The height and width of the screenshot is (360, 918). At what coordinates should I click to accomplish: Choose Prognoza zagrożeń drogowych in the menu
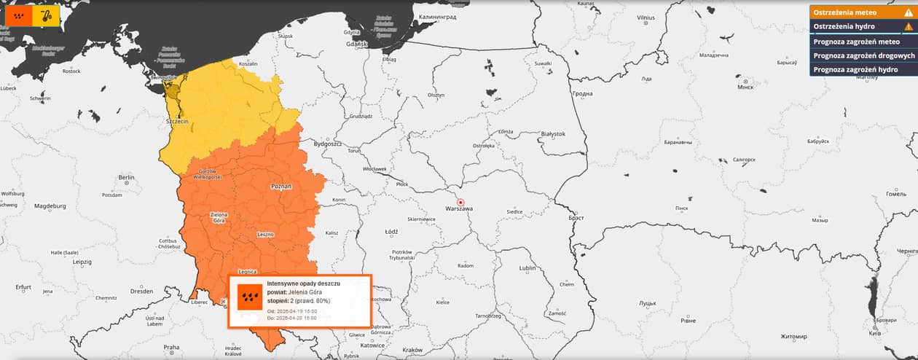tap(863, 55)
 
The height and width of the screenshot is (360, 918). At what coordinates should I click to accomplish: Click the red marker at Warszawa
tap(460, 202)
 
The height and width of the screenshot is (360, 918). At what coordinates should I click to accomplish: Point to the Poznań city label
tap(281, 187)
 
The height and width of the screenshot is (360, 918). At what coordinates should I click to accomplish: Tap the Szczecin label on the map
tap(178, 121)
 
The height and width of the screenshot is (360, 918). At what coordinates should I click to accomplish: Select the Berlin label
tap(127, 177)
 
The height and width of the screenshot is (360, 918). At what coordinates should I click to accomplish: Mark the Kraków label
tap(412, 350)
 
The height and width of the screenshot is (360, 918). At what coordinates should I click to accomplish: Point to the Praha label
tap(171, 348)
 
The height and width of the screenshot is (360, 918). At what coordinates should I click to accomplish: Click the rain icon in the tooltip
tap(250, 297)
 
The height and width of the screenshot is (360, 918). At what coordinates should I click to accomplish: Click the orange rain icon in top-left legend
tap(19, 15)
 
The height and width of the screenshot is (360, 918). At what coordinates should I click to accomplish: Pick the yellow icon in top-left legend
tap(46, 15)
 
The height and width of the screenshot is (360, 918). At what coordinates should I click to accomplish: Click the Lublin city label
tap(527, 268)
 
